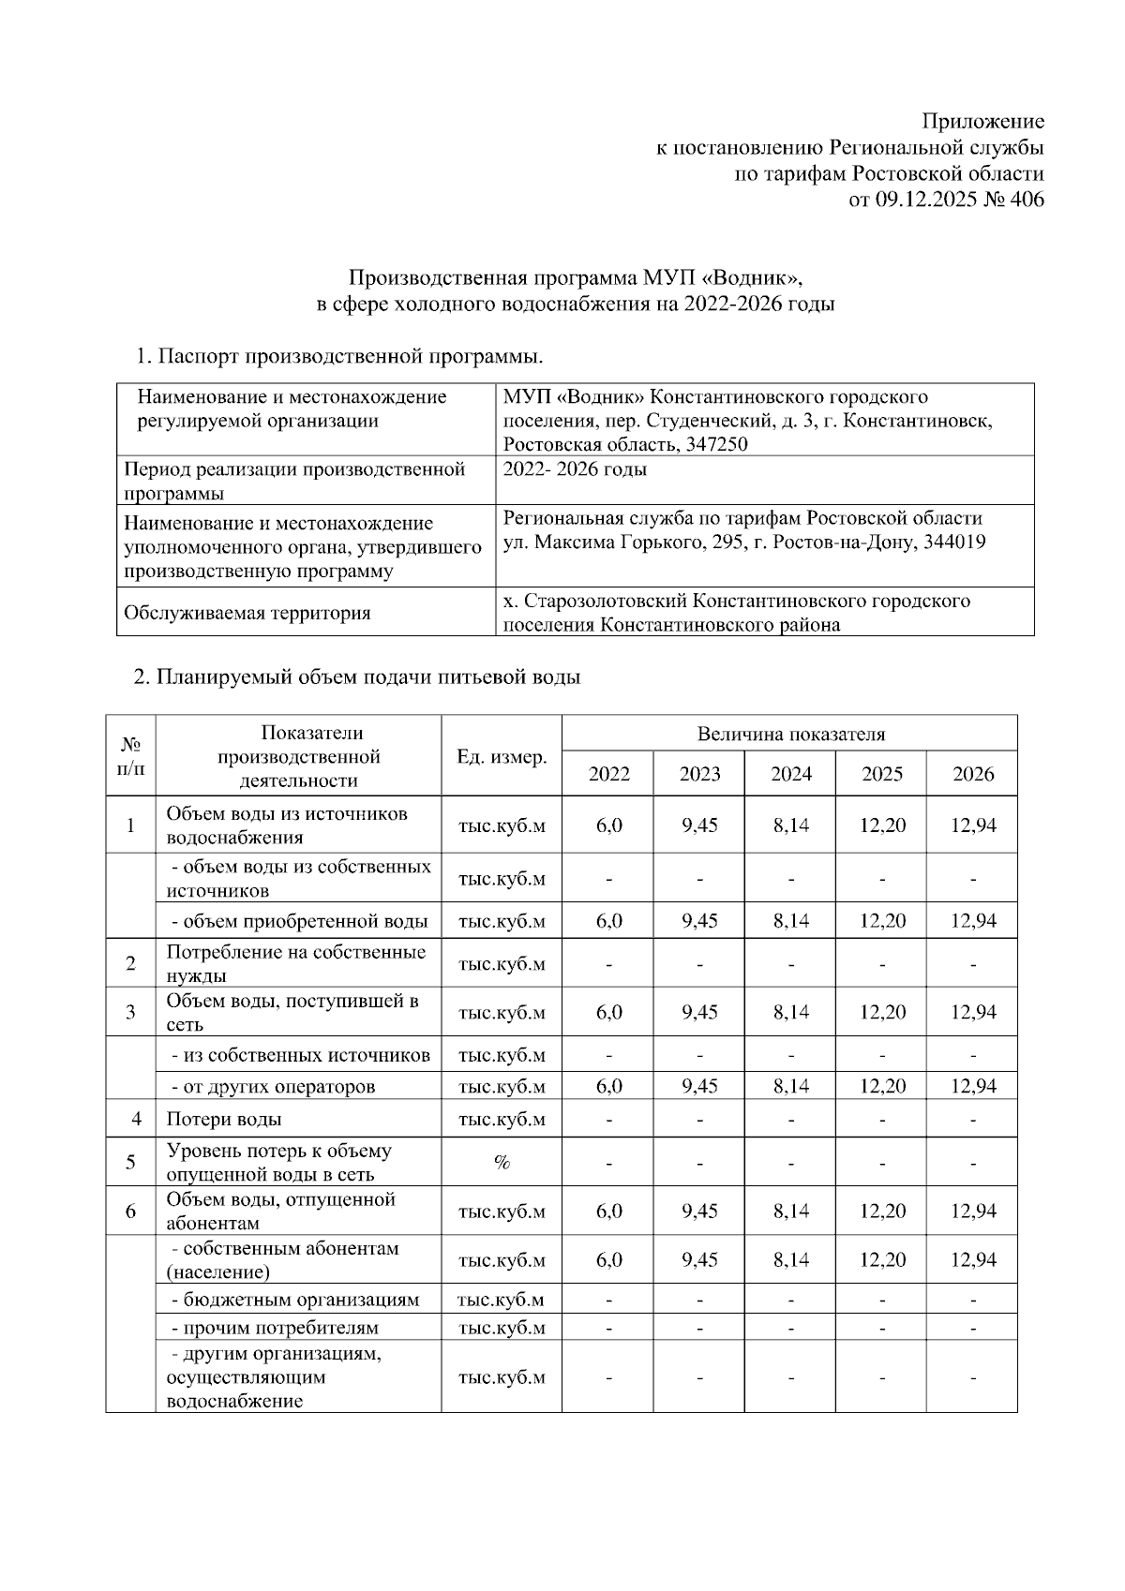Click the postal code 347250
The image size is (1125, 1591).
pos(717,444)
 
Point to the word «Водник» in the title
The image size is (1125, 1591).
pos(755,278)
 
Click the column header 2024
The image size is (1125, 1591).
pos(791,774)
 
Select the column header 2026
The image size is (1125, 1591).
pos(972,774)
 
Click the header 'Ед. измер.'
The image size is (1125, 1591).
pos(502,757)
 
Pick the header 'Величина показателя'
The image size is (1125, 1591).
pos(790,734)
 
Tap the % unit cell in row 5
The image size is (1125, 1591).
pos(502,1163)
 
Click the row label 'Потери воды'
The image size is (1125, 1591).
pos(224,1119)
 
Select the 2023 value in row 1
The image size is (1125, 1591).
pos(700,825)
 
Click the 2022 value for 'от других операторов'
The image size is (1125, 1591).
pos(609,1087)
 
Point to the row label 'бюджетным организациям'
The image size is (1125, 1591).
pos(295,1300)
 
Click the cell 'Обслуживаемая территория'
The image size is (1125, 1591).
pos(247,614)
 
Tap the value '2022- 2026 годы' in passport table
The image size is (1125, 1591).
pos(575,469)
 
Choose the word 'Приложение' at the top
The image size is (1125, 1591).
pos(982,122)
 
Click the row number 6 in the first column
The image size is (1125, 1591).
pos(131,1212)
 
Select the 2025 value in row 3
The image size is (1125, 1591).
pos(882,1012)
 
